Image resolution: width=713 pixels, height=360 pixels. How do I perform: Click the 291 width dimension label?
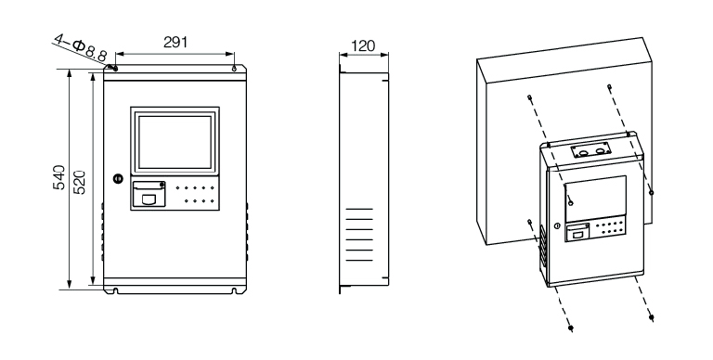click(x=175, y=43)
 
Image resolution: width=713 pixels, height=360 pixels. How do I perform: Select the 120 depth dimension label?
click(x=363, y=45)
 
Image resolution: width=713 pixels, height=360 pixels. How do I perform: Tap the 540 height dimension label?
click(x=59, y=177)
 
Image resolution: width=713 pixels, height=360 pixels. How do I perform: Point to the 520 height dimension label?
click(x=80, y=182)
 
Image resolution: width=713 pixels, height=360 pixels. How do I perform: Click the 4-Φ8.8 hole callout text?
click(x=80, y=47)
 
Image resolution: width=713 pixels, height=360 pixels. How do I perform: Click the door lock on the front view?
click(x=118, y=179)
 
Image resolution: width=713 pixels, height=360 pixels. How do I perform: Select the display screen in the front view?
click(x=175, y=142)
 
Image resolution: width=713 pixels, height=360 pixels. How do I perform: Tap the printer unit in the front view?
click(x=149, y=195)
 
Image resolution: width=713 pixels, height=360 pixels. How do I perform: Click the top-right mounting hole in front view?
click(x=234, y=69)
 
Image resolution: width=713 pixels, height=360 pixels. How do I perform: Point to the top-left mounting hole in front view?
click(x=115, y=69)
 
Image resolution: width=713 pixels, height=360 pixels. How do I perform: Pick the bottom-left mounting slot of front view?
click(x=115, y=290)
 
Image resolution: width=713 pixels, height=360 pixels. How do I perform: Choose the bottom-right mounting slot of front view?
click(x=234, y=290)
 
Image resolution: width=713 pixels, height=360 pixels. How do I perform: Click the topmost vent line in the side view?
click(x=359, y=209)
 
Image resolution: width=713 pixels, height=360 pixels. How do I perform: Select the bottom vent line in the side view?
click(x=359, y=261)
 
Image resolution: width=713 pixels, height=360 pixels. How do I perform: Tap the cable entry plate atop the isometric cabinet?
click(x=591, y=151)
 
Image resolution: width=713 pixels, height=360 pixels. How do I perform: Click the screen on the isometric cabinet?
click(x=596, y=199)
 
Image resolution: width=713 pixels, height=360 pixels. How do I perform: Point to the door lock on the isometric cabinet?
click(x=557, y=225)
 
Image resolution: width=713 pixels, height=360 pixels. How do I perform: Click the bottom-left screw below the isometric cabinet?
click(x=571, y=328)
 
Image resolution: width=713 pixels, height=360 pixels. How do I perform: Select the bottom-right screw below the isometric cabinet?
click(x=652, y=316)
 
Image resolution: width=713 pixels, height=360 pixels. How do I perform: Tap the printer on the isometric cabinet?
click(x=577, y=233)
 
